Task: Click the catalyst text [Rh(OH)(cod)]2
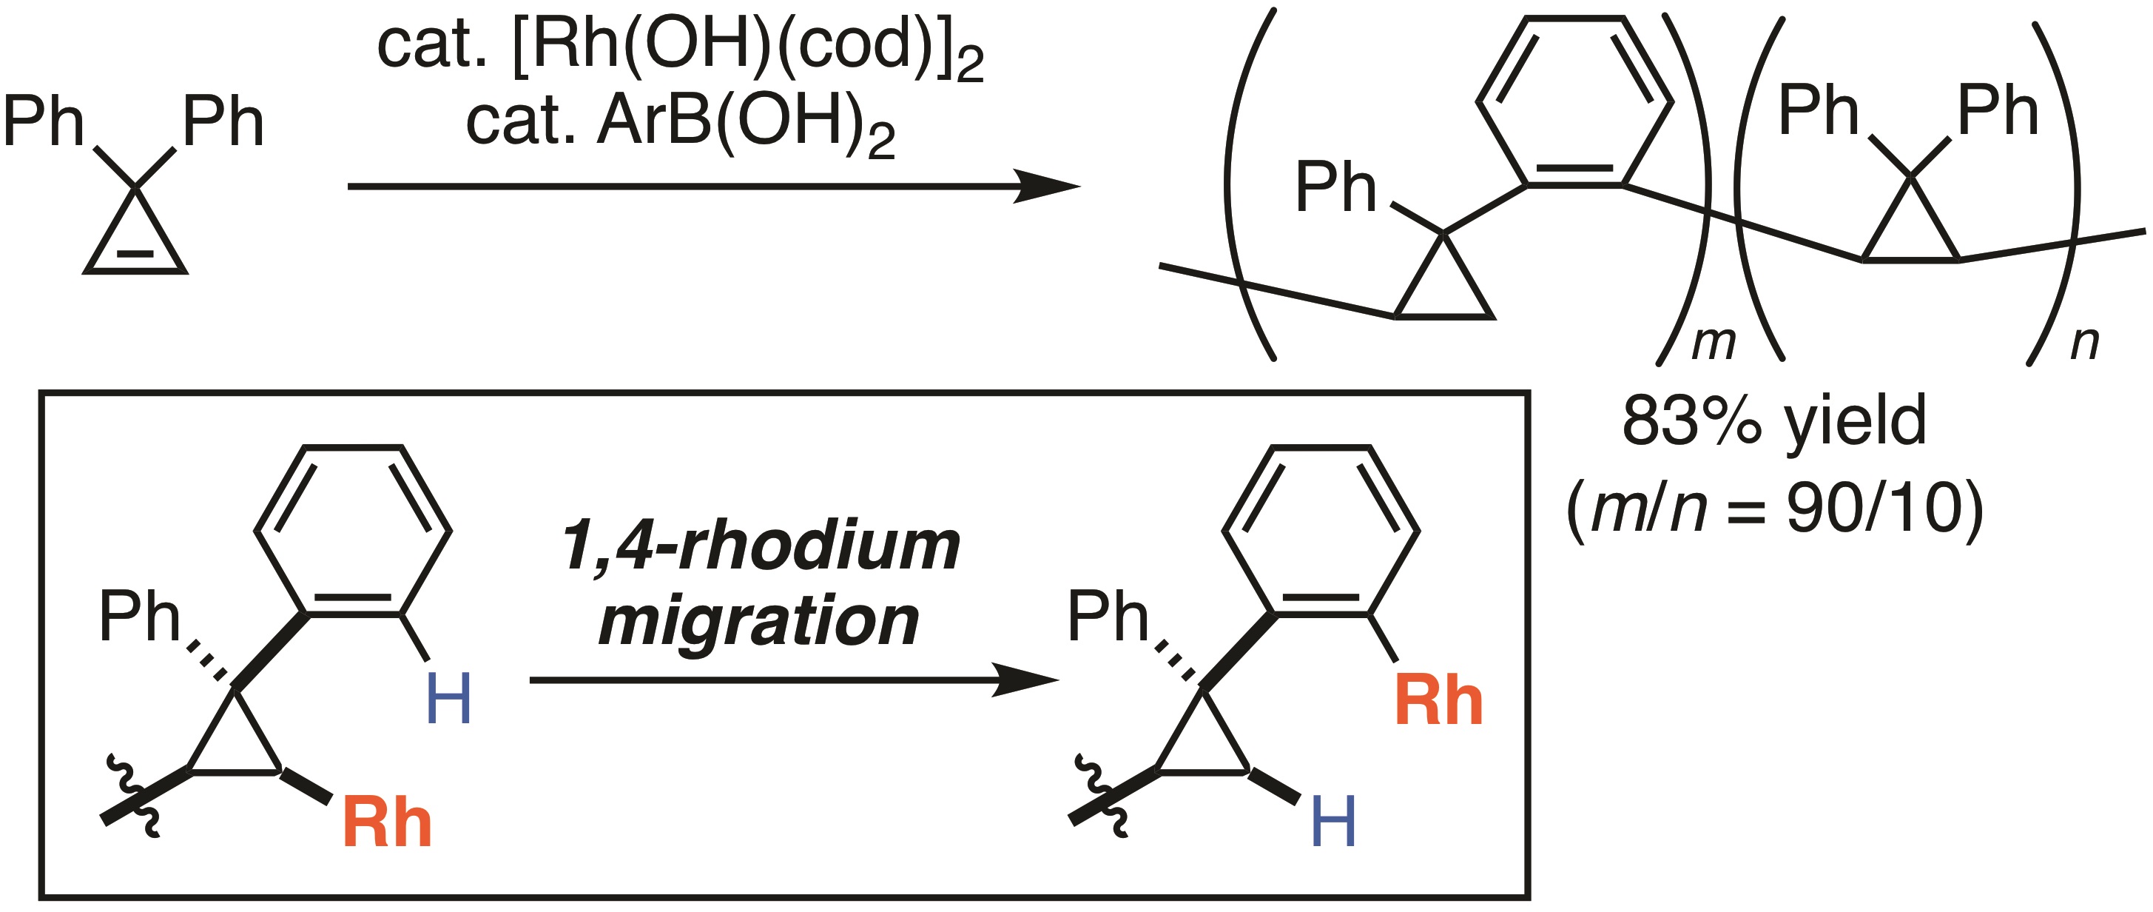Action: pos(748,46)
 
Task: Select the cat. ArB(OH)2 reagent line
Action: pos(681,124)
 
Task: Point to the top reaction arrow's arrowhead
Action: pos(1049,186)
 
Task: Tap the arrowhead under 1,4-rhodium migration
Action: pos(1028,680)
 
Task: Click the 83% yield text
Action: pos(1773,422)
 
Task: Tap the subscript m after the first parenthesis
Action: pos(1713,343)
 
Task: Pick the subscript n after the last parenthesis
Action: pos(2084,343)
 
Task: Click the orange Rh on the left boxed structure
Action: pos(386,823)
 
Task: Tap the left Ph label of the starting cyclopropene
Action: pos(44,122)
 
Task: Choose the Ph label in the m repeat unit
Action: pos(1335,188)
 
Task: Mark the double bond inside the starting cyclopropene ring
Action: pos(135,253)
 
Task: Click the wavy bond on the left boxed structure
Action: pos(134,794)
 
